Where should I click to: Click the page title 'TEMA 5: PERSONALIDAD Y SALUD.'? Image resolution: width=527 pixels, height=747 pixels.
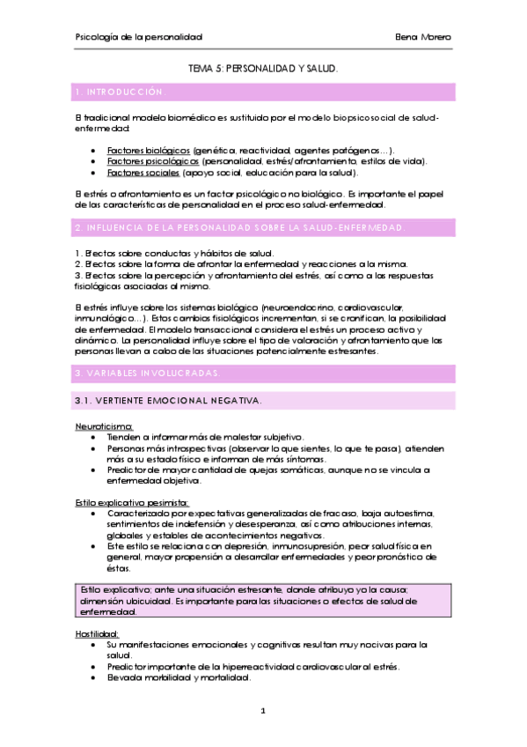263,67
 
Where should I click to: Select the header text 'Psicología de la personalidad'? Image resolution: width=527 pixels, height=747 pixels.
138,37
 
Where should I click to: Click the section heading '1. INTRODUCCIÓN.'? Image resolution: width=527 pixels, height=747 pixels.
121,92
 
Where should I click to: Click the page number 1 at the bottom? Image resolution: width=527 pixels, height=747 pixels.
263,708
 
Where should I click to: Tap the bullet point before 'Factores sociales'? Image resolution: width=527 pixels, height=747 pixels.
94,174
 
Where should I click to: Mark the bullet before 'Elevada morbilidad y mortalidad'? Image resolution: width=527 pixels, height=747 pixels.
94,677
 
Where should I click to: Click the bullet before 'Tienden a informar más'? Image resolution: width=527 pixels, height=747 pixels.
94,437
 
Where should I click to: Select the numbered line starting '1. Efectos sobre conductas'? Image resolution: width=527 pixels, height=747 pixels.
162,254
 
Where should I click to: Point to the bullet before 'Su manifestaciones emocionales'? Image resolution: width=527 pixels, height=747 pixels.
94,644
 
